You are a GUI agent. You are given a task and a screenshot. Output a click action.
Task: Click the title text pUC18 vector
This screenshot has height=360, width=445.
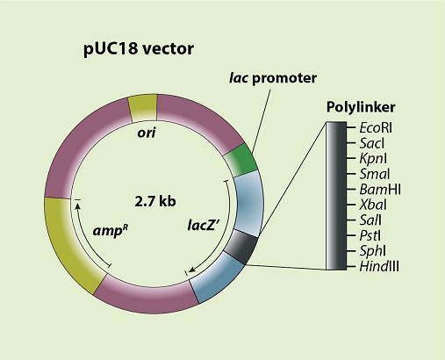click(139, 49)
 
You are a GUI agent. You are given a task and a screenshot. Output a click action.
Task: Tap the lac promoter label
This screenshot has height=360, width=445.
click(273, 78)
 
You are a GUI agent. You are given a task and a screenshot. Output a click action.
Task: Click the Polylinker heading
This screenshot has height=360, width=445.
click(361, 107)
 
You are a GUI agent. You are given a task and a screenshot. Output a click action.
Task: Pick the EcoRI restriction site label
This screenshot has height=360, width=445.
click(376, 128)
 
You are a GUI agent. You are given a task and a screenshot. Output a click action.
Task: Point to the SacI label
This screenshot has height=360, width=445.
click(371, 143)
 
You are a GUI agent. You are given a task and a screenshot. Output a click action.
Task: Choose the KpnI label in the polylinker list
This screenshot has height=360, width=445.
click(373, 159)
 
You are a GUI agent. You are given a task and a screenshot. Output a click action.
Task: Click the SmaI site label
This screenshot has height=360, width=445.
click(375, 174)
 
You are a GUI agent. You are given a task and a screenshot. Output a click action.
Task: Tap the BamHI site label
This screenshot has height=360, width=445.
click(380, 190)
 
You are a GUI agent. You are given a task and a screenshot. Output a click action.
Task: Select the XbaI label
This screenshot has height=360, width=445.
click(373, 205)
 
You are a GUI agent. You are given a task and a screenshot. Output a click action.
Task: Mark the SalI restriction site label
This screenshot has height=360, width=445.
click(370, 220)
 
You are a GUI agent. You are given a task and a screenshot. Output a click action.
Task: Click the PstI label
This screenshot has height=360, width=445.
click(370, 235)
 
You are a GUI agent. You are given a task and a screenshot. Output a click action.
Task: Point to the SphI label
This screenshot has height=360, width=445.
click(372, 251)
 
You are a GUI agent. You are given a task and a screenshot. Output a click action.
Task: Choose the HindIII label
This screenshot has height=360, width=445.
click(379, 266)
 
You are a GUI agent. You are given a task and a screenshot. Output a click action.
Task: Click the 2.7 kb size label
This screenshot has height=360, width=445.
click(155, 201)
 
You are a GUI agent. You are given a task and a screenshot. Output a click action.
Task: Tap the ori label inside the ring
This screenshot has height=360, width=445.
click(147, 133)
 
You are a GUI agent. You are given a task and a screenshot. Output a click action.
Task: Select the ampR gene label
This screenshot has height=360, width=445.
click(111, 231)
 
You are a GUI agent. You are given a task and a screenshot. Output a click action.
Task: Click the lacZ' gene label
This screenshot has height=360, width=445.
click(204, 226)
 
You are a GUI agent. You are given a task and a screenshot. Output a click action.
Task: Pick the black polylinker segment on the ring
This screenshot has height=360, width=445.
click(241, 247)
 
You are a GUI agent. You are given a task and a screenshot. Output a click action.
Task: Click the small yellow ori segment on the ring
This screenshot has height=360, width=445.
click(143, 108)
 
